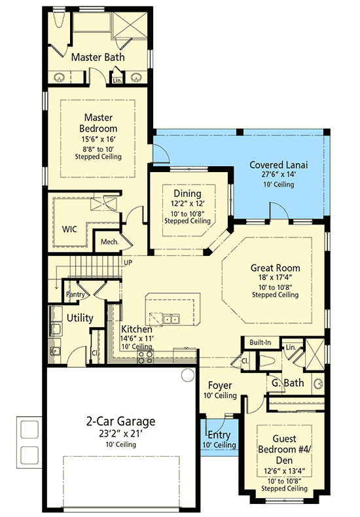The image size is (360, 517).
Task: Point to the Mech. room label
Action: (109, 242)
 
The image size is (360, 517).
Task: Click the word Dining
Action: (187, 194)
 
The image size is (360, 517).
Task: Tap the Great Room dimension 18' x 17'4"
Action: (275, 277)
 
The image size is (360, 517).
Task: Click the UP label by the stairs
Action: (128, 262)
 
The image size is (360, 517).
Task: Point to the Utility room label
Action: (80, 318)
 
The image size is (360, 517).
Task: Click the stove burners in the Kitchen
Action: (145, 357)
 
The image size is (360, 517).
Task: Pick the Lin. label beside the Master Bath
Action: (118, 80)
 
